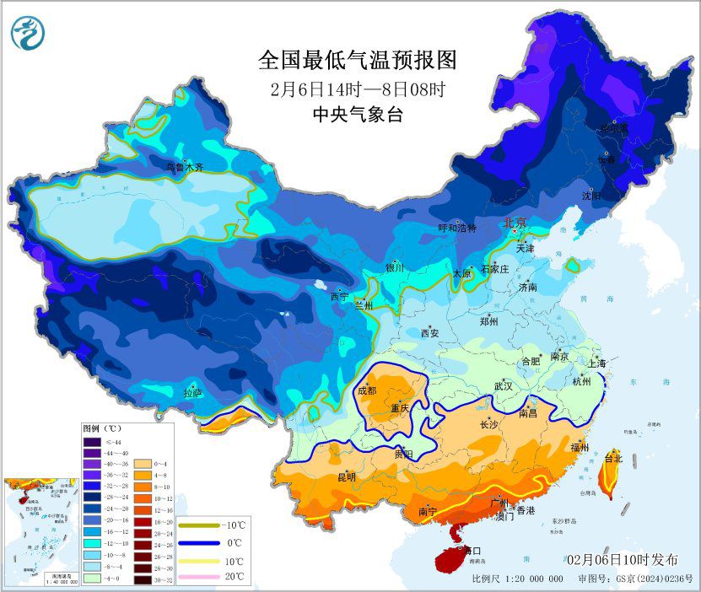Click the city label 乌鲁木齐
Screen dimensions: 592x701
click(184, 167)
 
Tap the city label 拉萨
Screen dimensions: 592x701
click(193, 392)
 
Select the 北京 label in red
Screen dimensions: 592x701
click(515, 223)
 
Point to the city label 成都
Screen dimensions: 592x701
click(367, 390)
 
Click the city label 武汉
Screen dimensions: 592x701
click(504, 386)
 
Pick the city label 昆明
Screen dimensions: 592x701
click(347, 477)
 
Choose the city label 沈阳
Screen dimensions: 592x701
click(591, 196)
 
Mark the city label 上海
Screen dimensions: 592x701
click(597, 363)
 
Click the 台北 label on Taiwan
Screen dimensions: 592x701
click(613, 459)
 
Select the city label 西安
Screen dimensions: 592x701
click(429, 333)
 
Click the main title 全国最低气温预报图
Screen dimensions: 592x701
click(357, 61)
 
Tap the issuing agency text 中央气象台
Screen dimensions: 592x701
click(357, 113)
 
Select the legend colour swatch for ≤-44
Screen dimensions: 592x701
click(92, 441)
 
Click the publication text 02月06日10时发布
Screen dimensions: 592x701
click(622, 560)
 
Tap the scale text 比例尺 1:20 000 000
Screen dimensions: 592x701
click(517, 579)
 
